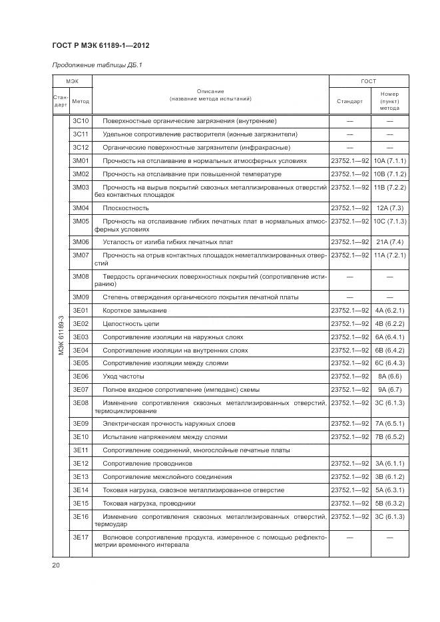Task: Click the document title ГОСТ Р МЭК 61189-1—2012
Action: coord(99,45)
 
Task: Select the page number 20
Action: coord(56,566)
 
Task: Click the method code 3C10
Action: coord(81,121)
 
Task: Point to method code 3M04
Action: coord(81,208)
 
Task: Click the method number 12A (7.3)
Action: coord(389,208)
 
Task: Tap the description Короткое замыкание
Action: coord(134,311)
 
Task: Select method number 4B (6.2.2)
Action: coord(389,324)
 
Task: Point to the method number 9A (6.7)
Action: coord(389,389)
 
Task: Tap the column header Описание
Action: coord(210,91)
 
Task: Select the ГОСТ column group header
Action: coord(368,81)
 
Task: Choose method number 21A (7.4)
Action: coord(389,241)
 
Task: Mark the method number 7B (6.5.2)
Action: coord(389,437)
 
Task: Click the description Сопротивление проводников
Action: coord(147,464)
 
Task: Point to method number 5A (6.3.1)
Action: coord(389,490)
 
